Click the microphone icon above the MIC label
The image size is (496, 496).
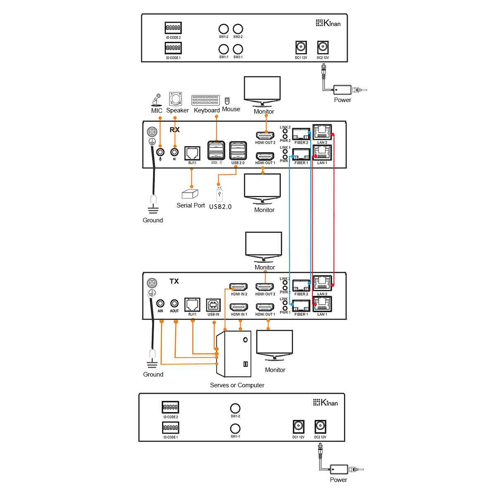click(x=156, y=100)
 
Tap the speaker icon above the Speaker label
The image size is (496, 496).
click(x=175, y=99)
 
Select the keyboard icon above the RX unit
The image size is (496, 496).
click(x=205, y=100)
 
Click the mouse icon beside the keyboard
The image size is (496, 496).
click(x=227, y=100)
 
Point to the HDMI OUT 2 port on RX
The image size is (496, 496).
click(x=265, y=135)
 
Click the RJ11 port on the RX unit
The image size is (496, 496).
click(x=192, y=153)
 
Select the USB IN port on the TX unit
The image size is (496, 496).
click(x=213, y=305)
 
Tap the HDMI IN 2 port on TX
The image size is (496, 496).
click(x=239, y=287)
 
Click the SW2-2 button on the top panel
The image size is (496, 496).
click(x=238, y=29)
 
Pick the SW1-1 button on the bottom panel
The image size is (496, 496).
click(x=235, y=428)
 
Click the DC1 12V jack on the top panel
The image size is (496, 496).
click(x=301, y=47)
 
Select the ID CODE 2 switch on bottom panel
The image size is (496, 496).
click(x=170, y=407)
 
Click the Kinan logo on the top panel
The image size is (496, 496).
click(x=328, y=23)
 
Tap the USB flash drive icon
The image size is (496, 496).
click(x=219, y=193)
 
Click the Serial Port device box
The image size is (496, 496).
click(x=190, y=194)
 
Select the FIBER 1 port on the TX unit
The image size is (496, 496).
click(x=301, y=306)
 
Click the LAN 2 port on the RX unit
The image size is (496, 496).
click(x=322, y=132)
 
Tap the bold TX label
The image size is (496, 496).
click(x=174, y=281)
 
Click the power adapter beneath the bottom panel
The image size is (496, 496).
click(x=339, y=470)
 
